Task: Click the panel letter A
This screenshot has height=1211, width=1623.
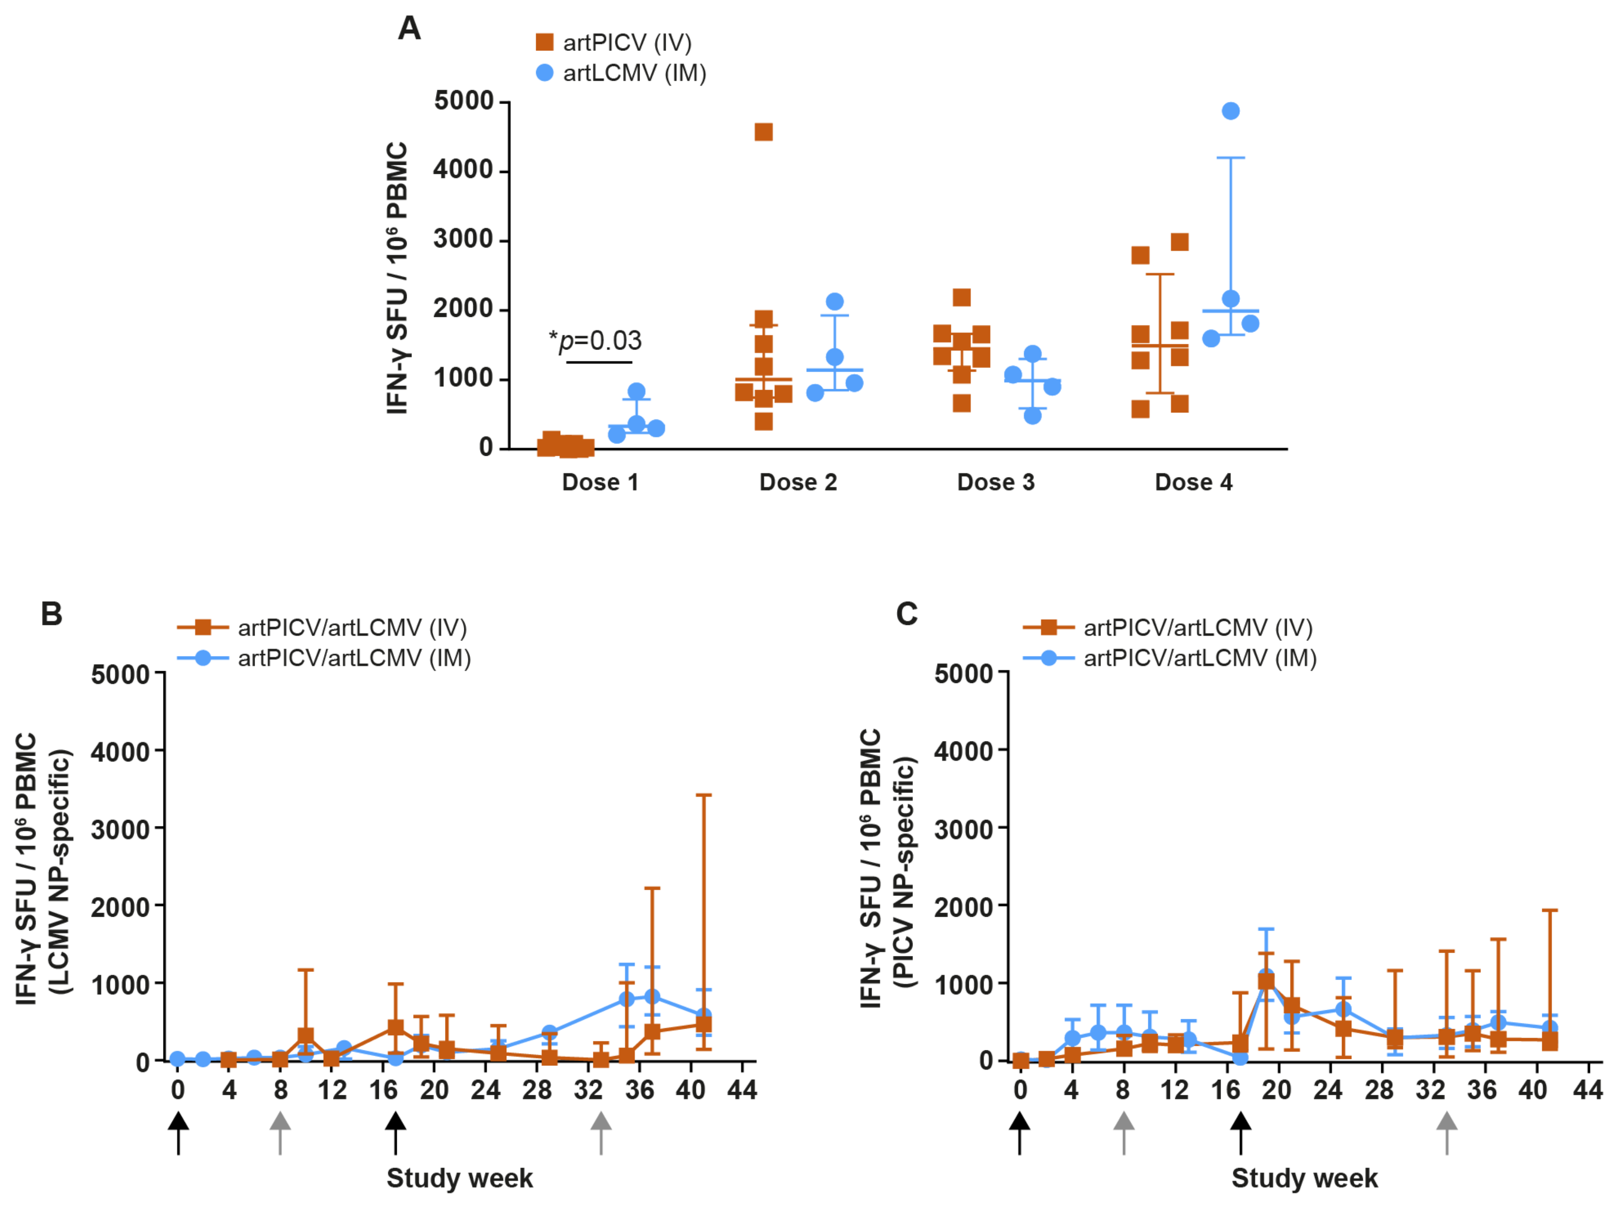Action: point(409,29)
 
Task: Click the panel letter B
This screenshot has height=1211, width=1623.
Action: point(51,614)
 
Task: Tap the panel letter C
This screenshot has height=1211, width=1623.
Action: point(907,614)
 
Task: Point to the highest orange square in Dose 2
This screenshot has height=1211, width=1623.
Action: point(763,132)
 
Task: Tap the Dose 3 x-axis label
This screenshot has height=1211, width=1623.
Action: point(996,482)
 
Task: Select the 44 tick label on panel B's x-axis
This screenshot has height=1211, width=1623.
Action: point(742,1090)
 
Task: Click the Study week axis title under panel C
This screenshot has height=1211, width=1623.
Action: point(1304,1178)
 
